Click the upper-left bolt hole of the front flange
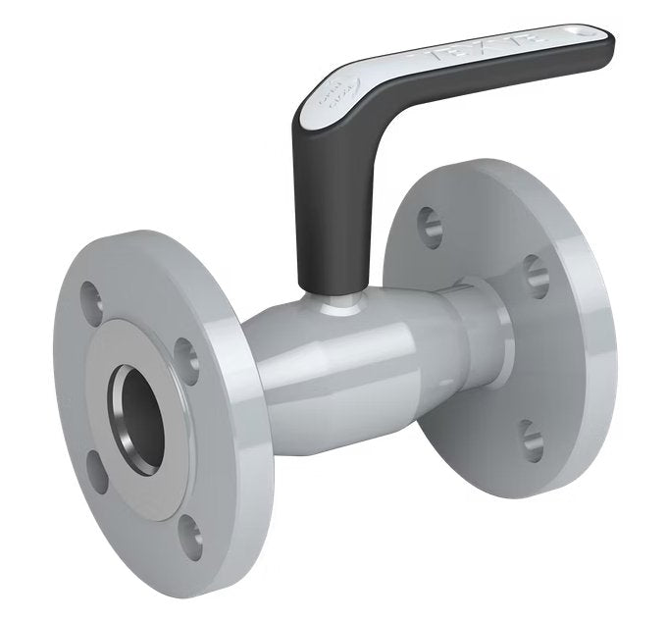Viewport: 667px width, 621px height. (x=91, y=292)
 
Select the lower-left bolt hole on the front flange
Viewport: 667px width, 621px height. (x=95, y=469)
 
